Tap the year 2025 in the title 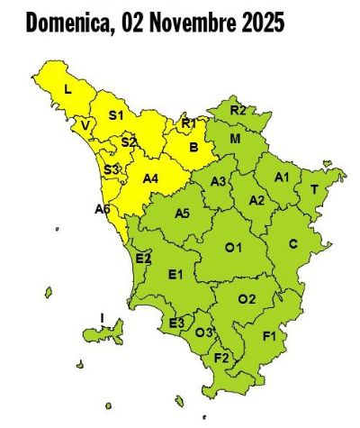(259, 23)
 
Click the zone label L (67, 88)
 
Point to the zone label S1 (115, 114)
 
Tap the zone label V (85, 126)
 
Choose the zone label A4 (151, 178)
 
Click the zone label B (193, 147)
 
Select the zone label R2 (238, 110)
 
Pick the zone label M (235, 140)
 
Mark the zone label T (313, 189)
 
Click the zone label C (292, 243)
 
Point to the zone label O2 (247, 298)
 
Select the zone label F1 (269, 336)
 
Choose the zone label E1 (175, 274)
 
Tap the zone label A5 (181, 214)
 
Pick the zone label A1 (282, 177)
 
